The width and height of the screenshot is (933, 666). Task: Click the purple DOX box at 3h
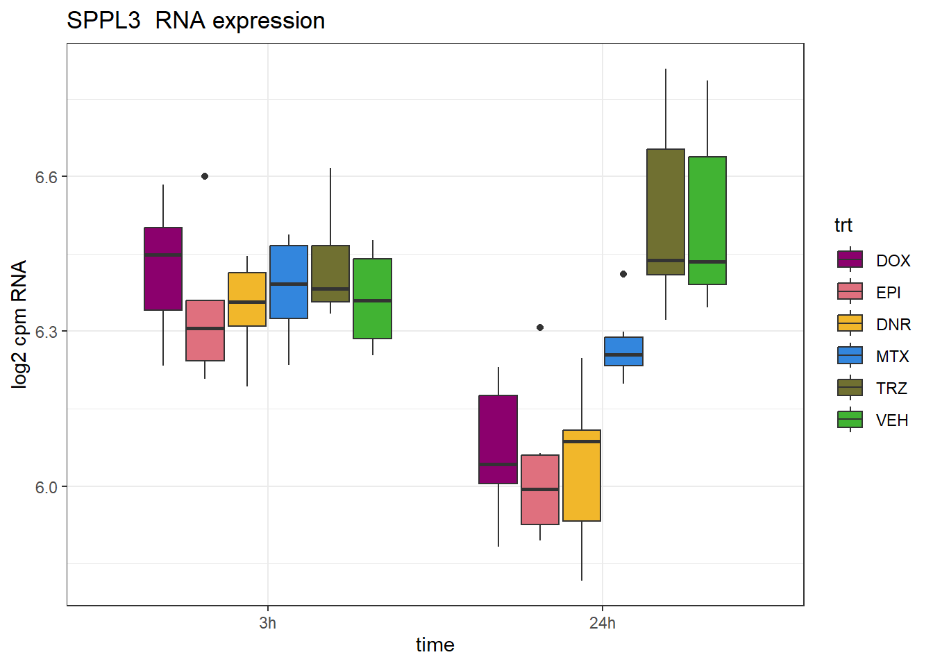[x=163, y=268]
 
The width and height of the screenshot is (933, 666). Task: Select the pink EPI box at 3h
[x=205, y=330]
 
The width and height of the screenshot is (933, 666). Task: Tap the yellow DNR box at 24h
[x=582, y=475]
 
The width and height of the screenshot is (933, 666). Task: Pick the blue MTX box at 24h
[x=623, y=351]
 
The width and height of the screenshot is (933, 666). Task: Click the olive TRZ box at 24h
[x=666, y=212]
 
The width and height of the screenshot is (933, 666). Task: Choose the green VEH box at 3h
[x=372, y=298]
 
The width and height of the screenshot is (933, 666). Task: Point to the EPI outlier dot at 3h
[x=205, y=176]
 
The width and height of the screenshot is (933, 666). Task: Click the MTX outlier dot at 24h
[x=623, y=274]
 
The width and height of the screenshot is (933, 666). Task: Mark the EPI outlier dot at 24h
[x=540, y=327]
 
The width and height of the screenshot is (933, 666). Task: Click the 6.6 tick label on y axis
[x=47, y=177]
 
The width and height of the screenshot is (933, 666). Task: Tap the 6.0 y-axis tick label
[x=47, y=487]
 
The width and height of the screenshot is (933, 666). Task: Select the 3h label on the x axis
[x=268, y=623]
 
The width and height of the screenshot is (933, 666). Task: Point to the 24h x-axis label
[x=603, y=623]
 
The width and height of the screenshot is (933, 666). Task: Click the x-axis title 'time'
[x=435, y=645]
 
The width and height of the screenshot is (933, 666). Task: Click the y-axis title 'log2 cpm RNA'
[x=19, y=324]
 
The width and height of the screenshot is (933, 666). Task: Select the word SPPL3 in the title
[x=103, y=21]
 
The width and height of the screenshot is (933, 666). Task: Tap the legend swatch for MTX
[x=850, y=356]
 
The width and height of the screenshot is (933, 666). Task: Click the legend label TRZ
[x=891, y=388]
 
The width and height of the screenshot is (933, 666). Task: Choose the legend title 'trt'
[x=843, y=225]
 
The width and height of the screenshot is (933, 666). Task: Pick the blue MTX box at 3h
[x=289, y=282]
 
